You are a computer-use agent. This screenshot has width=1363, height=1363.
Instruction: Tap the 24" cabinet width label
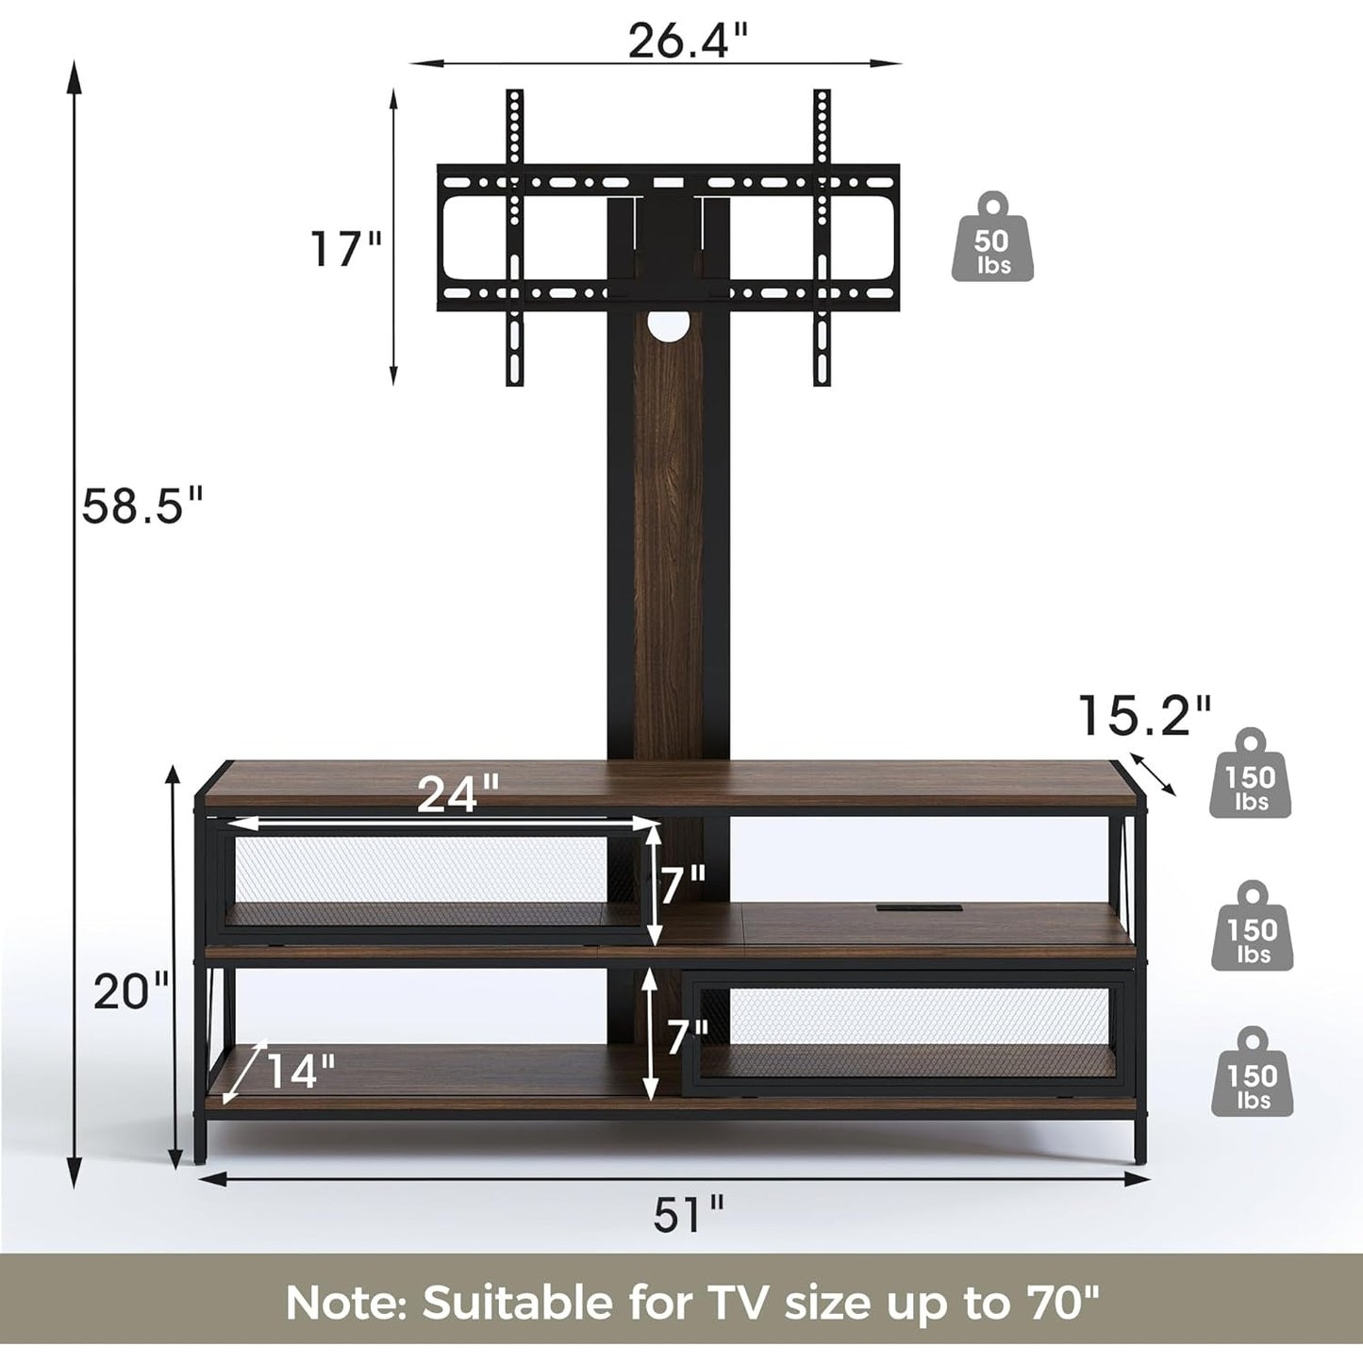click(458, 793)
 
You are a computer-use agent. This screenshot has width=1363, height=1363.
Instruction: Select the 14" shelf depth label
click(300, 1071)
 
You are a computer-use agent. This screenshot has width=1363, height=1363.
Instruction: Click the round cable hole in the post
click(667, 324)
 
